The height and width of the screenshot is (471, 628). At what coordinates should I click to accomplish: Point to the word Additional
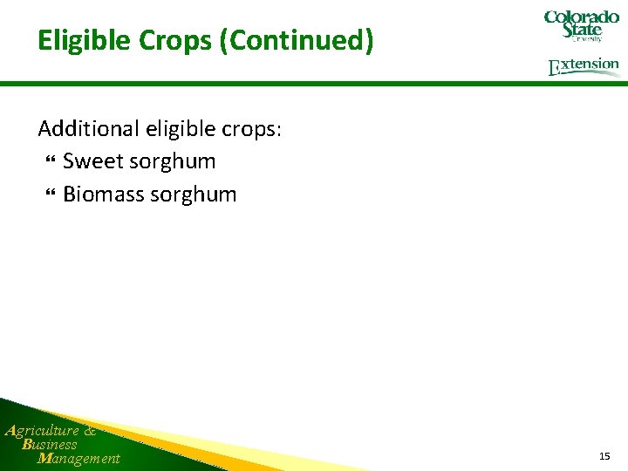[84, 129]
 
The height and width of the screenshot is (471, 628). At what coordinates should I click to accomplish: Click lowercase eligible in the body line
[175, 129]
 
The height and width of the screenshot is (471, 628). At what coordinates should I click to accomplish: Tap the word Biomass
[103, 194]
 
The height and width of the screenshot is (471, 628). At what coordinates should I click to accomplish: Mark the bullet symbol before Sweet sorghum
[49, 162]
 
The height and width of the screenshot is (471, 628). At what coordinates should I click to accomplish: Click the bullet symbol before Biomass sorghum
[49, 195]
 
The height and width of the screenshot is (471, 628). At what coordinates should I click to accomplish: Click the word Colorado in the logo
[581, 17]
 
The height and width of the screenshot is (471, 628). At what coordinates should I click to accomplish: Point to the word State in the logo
[582, 31]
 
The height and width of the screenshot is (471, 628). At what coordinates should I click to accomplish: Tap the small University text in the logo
[586, 39]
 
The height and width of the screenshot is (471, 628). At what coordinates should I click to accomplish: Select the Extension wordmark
[584, 66]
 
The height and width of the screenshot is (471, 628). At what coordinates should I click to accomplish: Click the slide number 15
[604, 456]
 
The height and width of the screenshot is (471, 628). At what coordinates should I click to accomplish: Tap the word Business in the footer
[50, 444]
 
